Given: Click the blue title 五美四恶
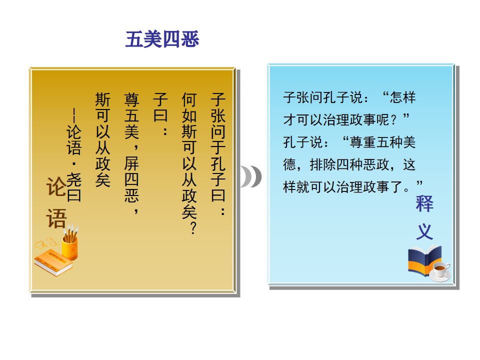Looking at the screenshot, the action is pos(162,39).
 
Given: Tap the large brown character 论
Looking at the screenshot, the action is pos(56,186).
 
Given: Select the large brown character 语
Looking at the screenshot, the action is pos(56,218).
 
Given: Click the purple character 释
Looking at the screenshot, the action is pos(424,203).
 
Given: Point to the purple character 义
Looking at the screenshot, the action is pos(424,231).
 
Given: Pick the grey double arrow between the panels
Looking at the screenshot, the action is pos(251,176).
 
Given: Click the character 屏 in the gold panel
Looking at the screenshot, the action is pos(131,163).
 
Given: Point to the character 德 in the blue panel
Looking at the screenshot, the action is pos(289,164).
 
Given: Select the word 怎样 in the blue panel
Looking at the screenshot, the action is pos(403,97).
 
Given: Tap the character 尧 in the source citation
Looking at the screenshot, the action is pos(74,179).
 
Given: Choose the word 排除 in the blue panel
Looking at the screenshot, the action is pos(323,164).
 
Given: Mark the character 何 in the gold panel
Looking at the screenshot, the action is pos(189,100).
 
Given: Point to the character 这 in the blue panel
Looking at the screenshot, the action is pos(409,164).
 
